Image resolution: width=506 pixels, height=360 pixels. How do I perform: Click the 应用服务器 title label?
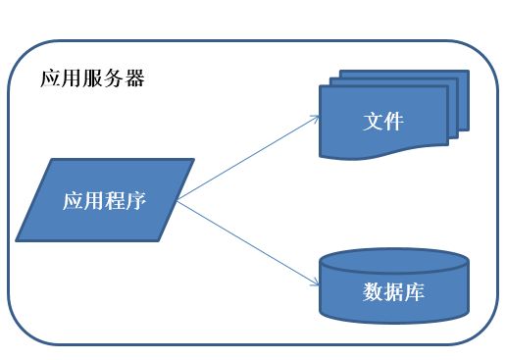click(92, 79)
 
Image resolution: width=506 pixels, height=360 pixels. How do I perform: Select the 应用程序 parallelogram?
click(106, 200)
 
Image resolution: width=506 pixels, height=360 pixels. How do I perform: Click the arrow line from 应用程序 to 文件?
click(250, 158)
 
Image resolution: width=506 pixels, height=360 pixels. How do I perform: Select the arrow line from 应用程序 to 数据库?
click(250, 243)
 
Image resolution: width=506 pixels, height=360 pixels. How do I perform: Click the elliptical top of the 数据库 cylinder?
click(392, 262)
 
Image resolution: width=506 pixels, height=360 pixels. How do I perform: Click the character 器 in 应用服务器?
click(134, 79)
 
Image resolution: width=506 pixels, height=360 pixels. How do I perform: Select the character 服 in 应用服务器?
click(92, 79)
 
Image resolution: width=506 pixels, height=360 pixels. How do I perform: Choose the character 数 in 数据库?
click(372, 292)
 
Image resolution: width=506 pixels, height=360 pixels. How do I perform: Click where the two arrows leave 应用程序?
click(177, 201)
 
